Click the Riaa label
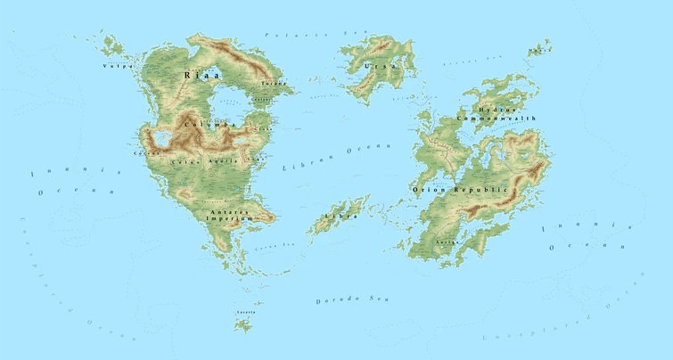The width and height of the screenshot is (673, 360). (x=201, y=76)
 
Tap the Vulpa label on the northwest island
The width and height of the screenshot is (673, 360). (x=117, y=65)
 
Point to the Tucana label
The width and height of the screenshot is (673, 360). (x=273, y=84)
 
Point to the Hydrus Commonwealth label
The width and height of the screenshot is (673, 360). (x=497, y=113)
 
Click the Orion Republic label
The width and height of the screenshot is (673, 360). (x=460, y=190)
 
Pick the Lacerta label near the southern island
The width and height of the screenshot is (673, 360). (x=245, y=313)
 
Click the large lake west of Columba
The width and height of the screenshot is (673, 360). (x=163, y=137)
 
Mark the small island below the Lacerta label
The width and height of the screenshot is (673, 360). (x=242, y=324)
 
